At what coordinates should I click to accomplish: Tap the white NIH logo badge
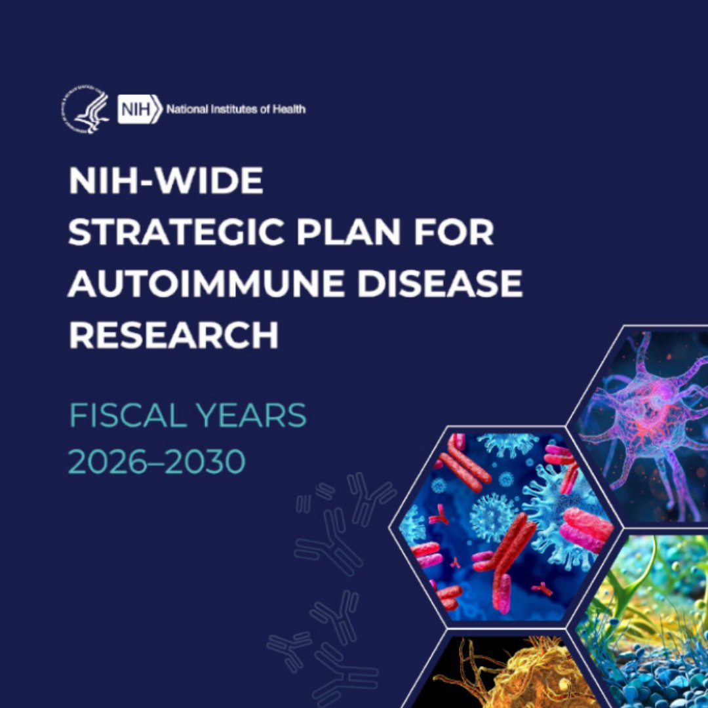pyautogui.click(x=138, y=109)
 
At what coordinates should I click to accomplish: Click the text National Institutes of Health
pyautogui.click(x=235, y=109)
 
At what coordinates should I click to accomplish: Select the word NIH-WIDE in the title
pyautogui.click(x=166, y=181)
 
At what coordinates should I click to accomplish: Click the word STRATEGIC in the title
pyautogui.click(x=176, y=233)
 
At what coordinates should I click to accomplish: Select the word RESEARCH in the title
pyautogui.click(x=174, y=336)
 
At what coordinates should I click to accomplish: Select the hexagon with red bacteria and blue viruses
pyautogui.click(x=505, y=524)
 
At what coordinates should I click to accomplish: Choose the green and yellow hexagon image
pyautogui.click(x=649, y=623)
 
